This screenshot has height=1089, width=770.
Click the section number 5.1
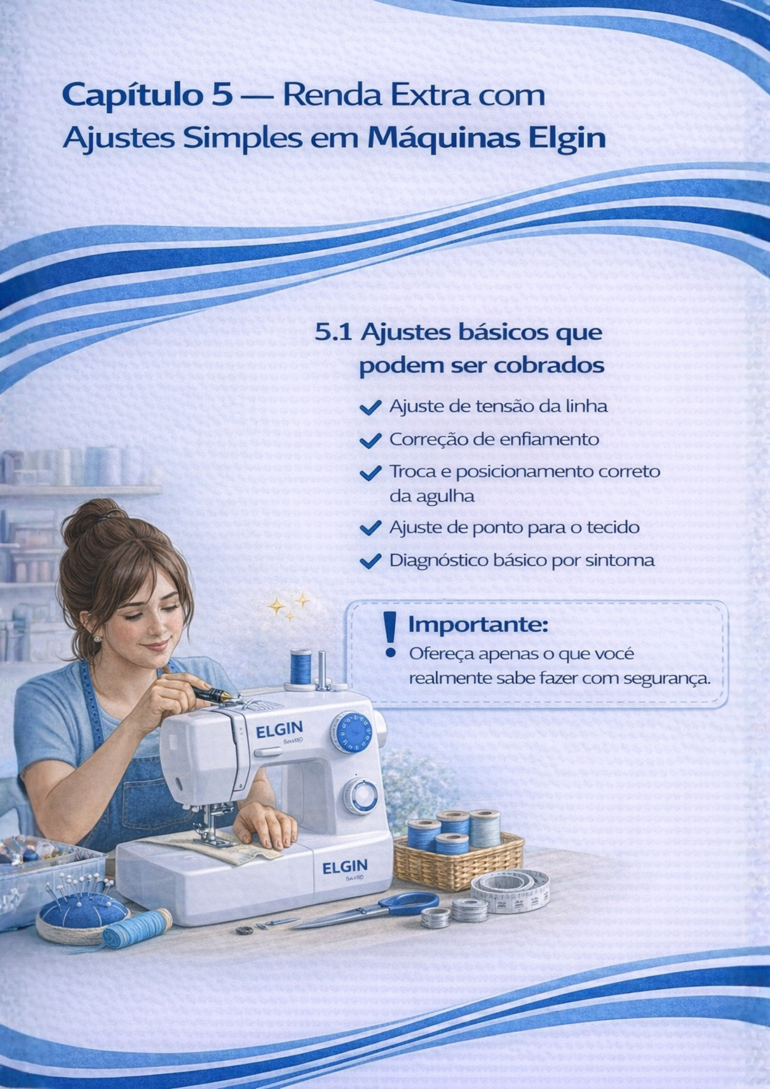333,333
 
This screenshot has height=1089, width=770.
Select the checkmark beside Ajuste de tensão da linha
370,407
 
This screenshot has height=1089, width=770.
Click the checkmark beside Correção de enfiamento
370,440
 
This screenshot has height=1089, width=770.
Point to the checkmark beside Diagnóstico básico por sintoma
370,561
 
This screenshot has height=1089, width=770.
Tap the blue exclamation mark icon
390,634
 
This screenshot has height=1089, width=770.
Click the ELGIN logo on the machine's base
345,867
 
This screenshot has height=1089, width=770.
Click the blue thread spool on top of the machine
301,666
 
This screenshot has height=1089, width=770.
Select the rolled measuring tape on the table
510,891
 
